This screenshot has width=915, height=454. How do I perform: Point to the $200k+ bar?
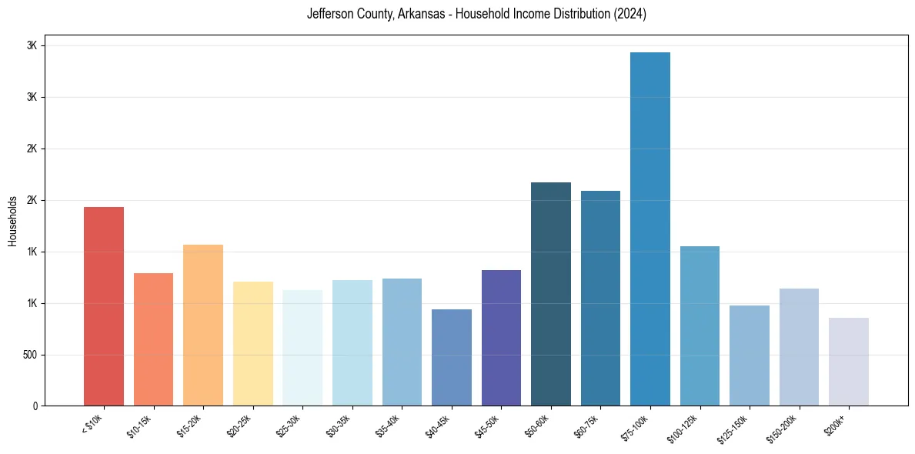click(x=849, y=362)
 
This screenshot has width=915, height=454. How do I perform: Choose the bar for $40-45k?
click(x=452, y=357)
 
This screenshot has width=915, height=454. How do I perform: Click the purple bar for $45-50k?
click(x=501, y=338)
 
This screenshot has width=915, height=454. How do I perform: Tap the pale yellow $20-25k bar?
click(x=253, y=343)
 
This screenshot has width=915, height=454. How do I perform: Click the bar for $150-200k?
click(x=799, y=347)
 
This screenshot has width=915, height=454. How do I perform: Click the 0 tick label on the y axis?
click(x=35, y=406)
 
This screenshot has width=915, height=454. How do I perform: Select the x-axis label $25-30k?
click(x=289, y=426)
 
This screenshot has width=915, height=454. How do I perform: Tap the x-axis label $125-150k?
click(x=735, y=427)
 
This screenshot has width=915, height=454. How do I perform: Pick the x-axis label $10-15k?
click(x=140, y=426)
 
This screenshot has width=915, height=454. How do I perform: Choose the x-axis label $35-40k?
click(x=389, y=426)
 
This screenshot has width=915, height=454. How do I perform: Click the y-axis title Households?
click(x=12, y=221)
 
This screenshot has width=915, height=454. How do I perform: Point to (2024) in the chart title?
click(x=629, y=14)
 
